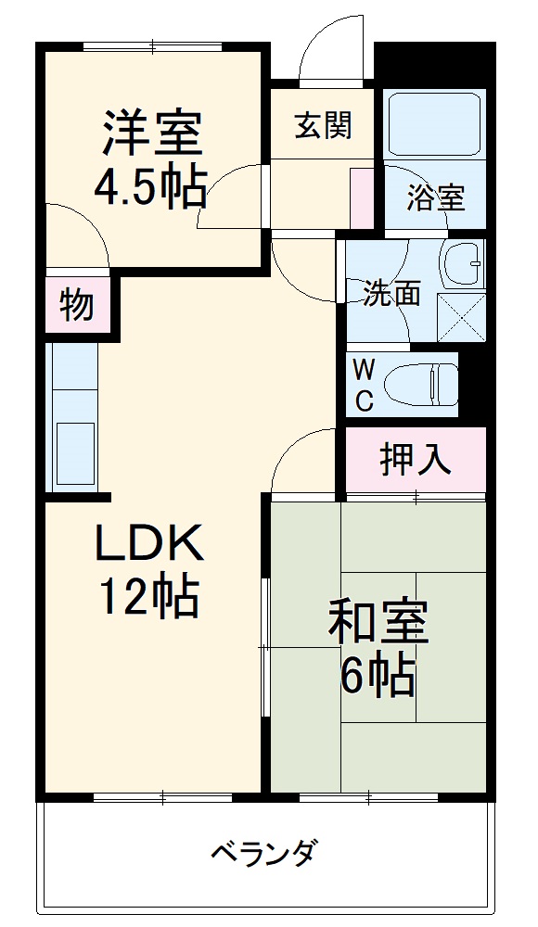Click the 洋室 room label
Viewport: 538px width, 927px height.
(151, 133)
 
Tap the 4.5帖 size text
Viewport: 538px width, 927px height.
(151, 188)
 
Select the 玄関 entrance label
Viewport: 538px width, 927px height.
(323, 125)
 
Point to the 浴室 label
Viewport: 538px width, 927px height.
(435, 197)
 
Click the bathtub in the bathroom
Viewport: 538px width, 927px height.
(434, 124)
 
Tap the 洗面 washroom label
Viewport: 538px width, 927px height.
(391, 294)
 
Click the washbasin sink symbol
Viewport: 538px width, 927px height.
(463, 264)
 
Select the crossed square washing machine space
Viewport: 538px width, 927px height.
(461, 317)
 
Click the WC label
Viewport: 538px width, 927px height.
(365, 385)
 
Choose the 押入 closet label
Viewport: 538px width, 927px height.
(416, 458)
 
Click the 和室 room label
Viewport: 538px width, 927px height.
(378, 625)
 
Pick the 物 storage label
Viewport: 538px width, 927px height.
(77, 304)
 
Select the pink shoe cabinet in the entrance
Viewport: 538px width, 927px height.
(360, 197)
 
